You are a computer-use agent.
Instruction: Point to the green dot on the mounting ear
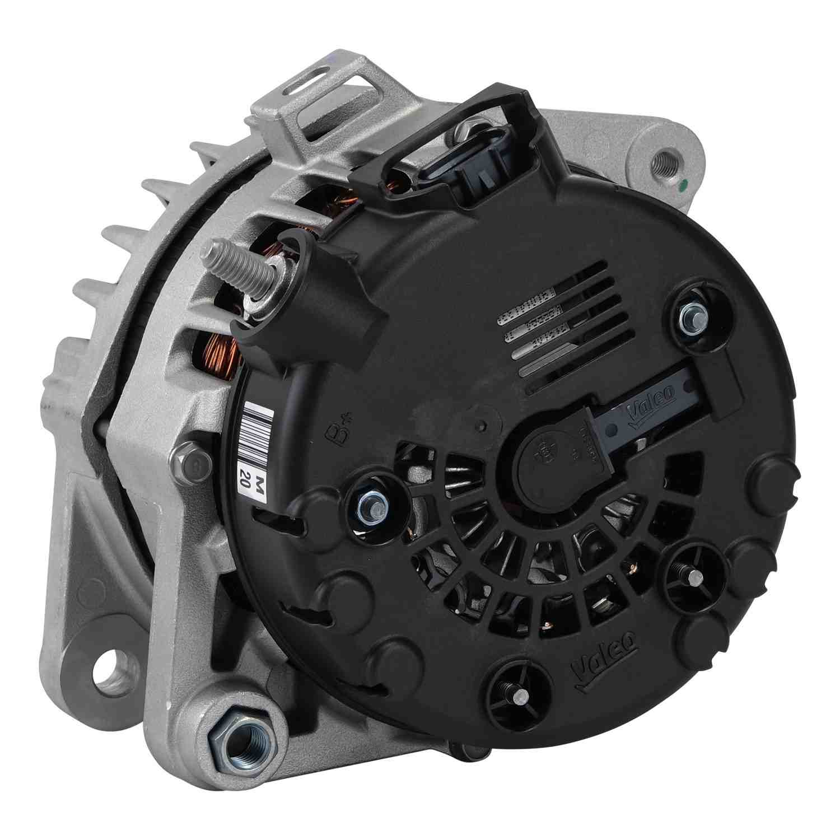(x=685, y=183)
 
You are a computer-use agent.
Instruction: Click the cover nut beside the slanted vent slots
(x=691, y=318)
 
